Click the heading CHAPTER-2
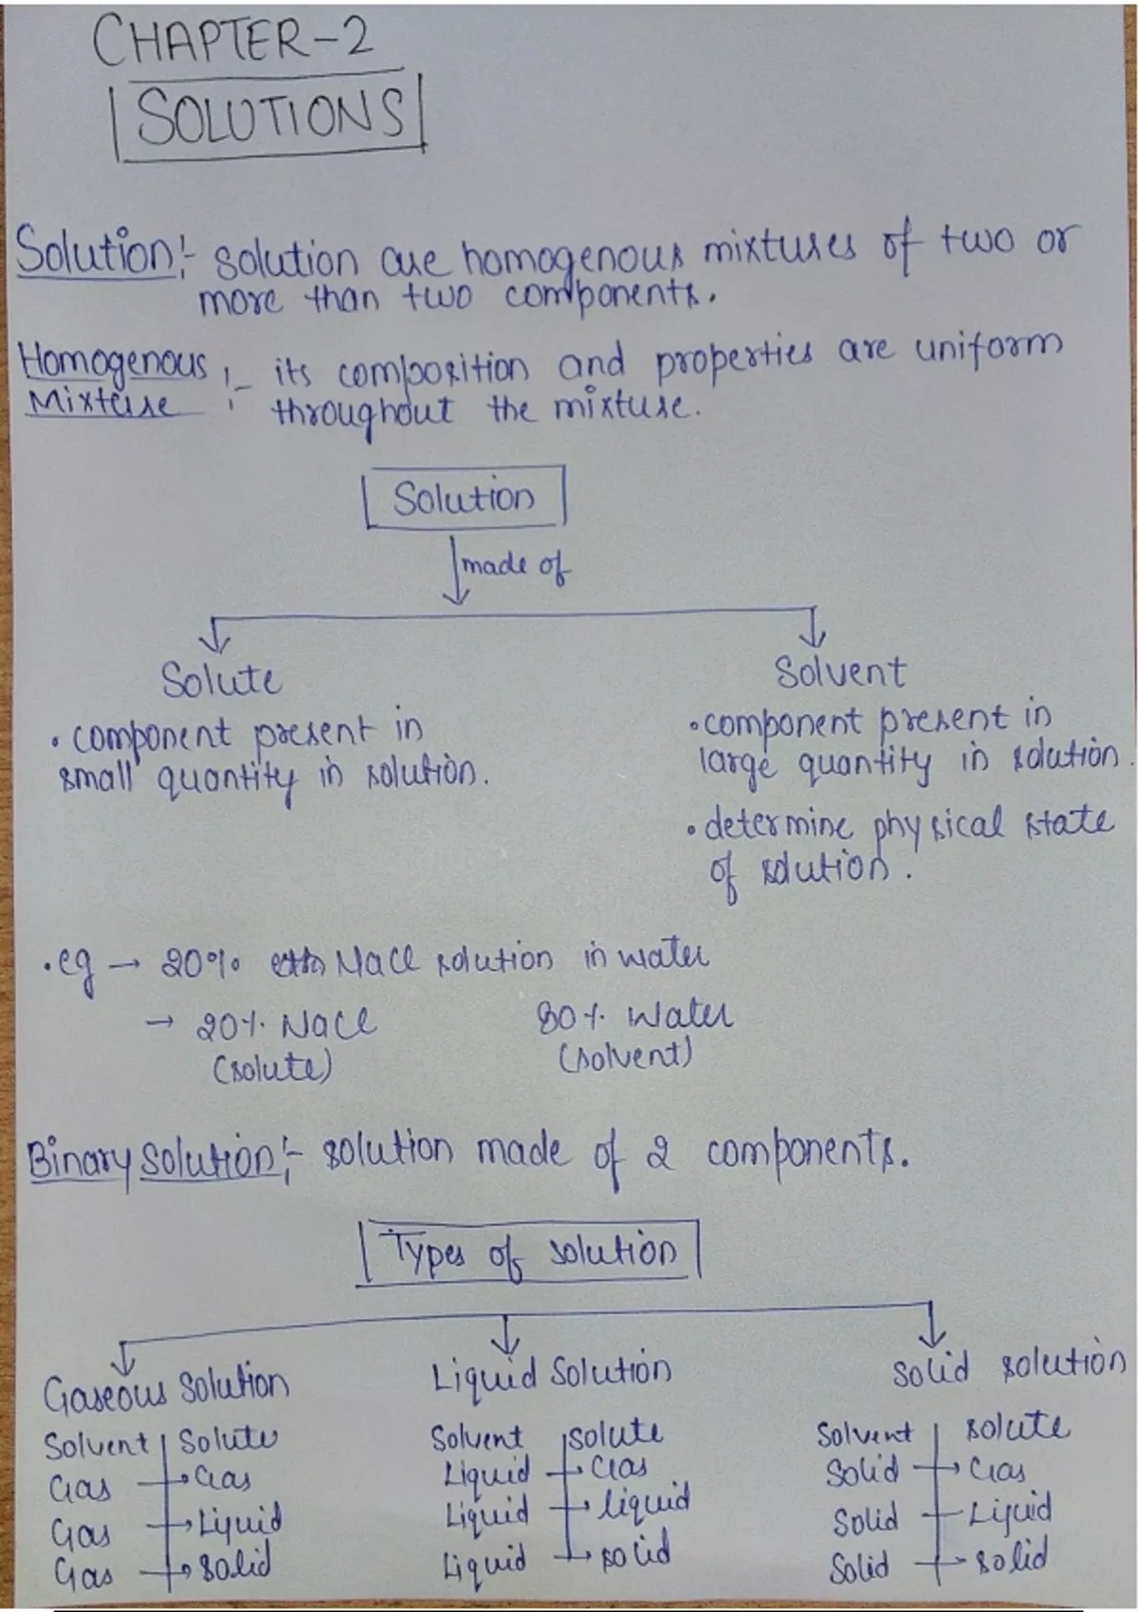[x=232, y=42]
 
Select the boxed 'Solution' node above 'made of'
[x=465, y=498]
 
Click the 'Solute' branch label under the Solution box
[x=220, y=680]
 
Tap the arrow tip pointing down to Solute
[x=213, y=648]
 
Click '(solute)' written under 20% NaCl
[x=272, y=1070]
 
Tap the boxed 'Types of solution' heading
[x=528, y=1254]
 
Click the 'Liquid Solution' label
[x=551, y=1374]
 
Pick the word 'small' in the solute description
[x=97, y=778]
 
